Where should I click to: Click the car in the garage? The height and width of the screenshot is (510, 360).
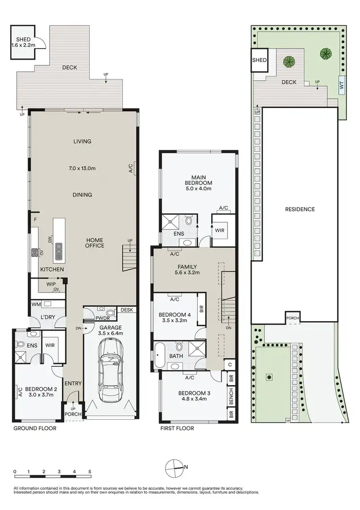pos(110,370)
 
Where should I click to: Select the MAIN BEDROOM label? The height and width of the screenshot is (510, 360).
pos(199,180)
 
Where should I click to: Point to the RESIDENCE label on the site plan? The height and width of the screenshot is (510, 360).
pos(300,209)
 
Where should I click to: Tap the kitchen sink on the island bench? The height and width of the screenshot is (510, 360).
pos(59,248)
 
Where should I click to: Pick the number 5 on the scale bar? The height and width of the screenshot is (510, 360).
pos(90,471)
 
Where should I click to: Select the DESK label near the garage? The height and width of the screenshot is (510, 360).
pos(127,310)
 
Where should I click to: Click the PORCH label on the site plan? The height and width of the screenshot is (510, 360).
pos(292,318)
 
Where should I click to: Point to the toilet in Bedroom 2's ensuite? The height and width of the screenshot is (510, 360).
pos(20,344)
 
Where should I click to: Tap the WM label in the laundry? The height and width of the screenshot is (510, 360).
pos(35,304)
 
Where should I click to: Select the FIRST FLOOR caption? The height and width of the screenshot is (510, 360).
pos(178,428)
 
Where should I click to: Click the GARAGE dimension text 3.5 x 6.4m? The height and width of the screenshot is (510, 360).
pos(110,333)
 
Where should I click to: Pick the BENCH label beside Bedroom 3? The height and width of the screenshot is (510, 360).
pos(231,397)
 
